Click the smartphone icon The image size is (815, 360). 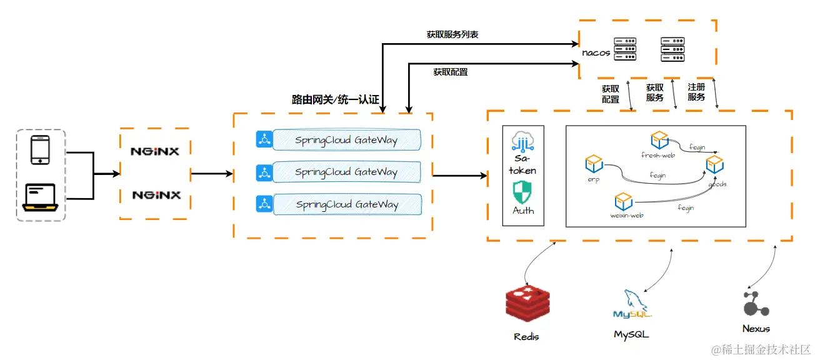pos(41,151)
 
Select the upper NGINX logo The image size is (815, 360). pos(155,151)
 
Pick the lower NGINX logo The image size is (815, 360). pos(156,195)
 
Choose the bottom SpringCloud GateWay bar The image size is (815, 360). pos(346,204)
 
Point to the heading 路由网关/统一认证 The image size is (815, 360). pos(335,99)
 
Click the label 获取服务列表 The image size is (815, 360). pos(452,35)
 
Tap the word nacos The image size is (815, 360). pos(596,52)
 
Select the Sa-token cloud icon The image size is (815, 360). pos(523,142)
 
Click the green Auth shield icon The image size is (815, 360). pos(522,191)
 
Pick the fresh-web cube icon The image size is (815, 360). pos(659,139)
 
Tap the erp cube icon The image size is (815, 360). pos(593,164)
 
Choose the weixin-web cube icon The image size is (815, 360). pos(623,201)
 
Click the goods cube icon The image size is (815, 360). pos(714,164)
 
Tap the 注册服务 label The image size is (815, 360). pos(696,92)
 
